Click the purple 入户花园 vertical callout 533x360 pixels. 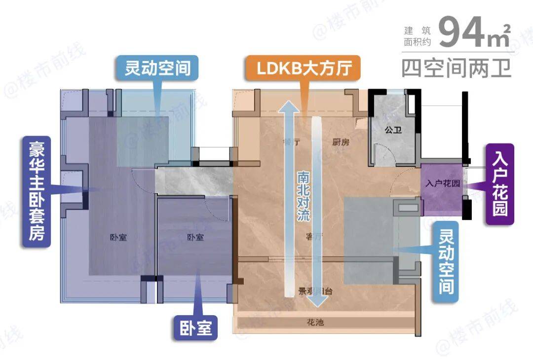pyautogui.click(x=499, y=184)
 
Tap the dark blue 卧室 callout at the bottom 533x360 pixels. pyautogui.click(x=195, y=327)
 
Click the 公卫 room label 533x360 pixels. pyautogui.click(x=392, y=130)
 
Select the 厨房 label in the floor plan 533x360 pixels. pyautogui.click(x=341, y=143)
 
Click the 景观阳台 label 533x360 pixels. pyautogui.click(x=315, y=291)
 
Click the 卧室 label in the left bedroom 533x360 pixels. pyautogui.click(x=118, y=237)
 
